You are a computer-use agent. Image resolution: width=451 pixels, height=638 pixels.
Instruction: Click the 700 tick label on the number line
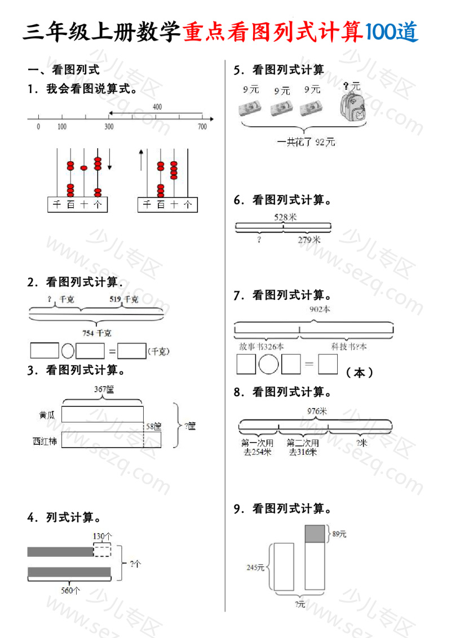pos(202,127)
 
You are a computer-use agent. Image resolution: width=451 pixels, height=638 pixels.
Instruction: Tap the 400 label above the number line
pos(157,107)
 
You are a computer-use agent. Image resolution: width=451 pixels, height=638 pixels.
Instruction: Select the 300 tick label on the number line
pos(109,127)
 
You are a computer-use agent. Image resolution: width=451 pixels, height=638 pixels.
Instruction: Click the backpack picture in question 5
pos(353,107)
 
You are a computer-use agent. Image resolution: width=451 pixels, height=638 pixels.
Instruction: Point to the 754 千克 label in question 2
pos(97,333)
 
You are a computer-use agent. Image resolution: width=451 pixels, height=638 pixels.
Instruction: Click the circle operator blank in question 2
pos(67,351)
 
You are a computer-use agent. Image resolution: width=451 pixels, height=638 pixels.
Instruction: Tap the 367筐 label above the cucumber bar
pos(104,389)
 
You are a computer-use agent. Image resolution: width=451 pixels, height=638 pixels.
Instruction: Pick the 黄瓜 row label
pos(47,415)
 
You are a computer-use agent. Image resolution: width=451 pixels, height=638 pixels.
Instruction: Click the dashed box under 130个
pos(102,550)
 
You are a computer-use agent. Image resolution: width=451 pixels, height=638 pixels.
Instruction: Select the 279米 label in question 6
pos(309,240)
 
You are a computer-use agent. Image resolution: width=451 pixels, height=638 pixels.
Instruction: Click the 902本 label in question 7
pos(320,309)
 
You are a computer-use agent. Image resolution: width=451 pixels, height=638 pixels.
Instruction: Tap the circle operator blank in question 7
pos(269,364)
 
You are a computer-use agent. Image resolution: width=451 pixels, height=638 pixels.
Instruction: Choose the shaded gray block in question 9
pos(315,534)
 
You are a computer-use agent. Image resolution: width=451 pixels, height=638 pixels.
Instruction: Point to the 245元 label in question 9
pos(255,568)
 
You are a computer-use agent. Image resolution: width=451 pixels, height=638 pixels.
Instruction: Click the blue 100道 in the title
pos(392,33)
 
